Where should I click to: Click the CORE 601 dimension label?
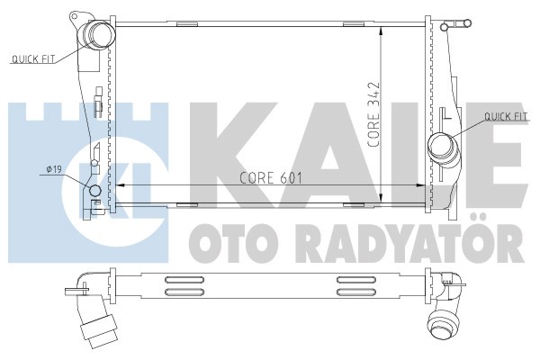(x=271, y=178)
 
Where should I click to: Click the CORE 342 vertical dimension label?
(x=373, y=114)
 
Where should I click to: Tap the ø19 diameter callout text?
(x=54, y=169)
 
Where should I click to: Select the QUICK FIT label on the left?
(x=33, y=59)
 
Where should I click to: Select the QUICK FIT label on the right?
(x=506, y=116)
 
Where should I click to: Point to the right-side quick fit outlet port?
(x=441, y=146)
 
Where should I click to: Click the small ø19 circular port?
(x=94, y=191)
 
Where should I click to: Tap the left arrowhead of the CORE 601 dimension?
(x=119, y=185)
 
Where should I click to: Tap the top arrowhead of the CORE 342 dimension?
(x=381, y=31)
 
